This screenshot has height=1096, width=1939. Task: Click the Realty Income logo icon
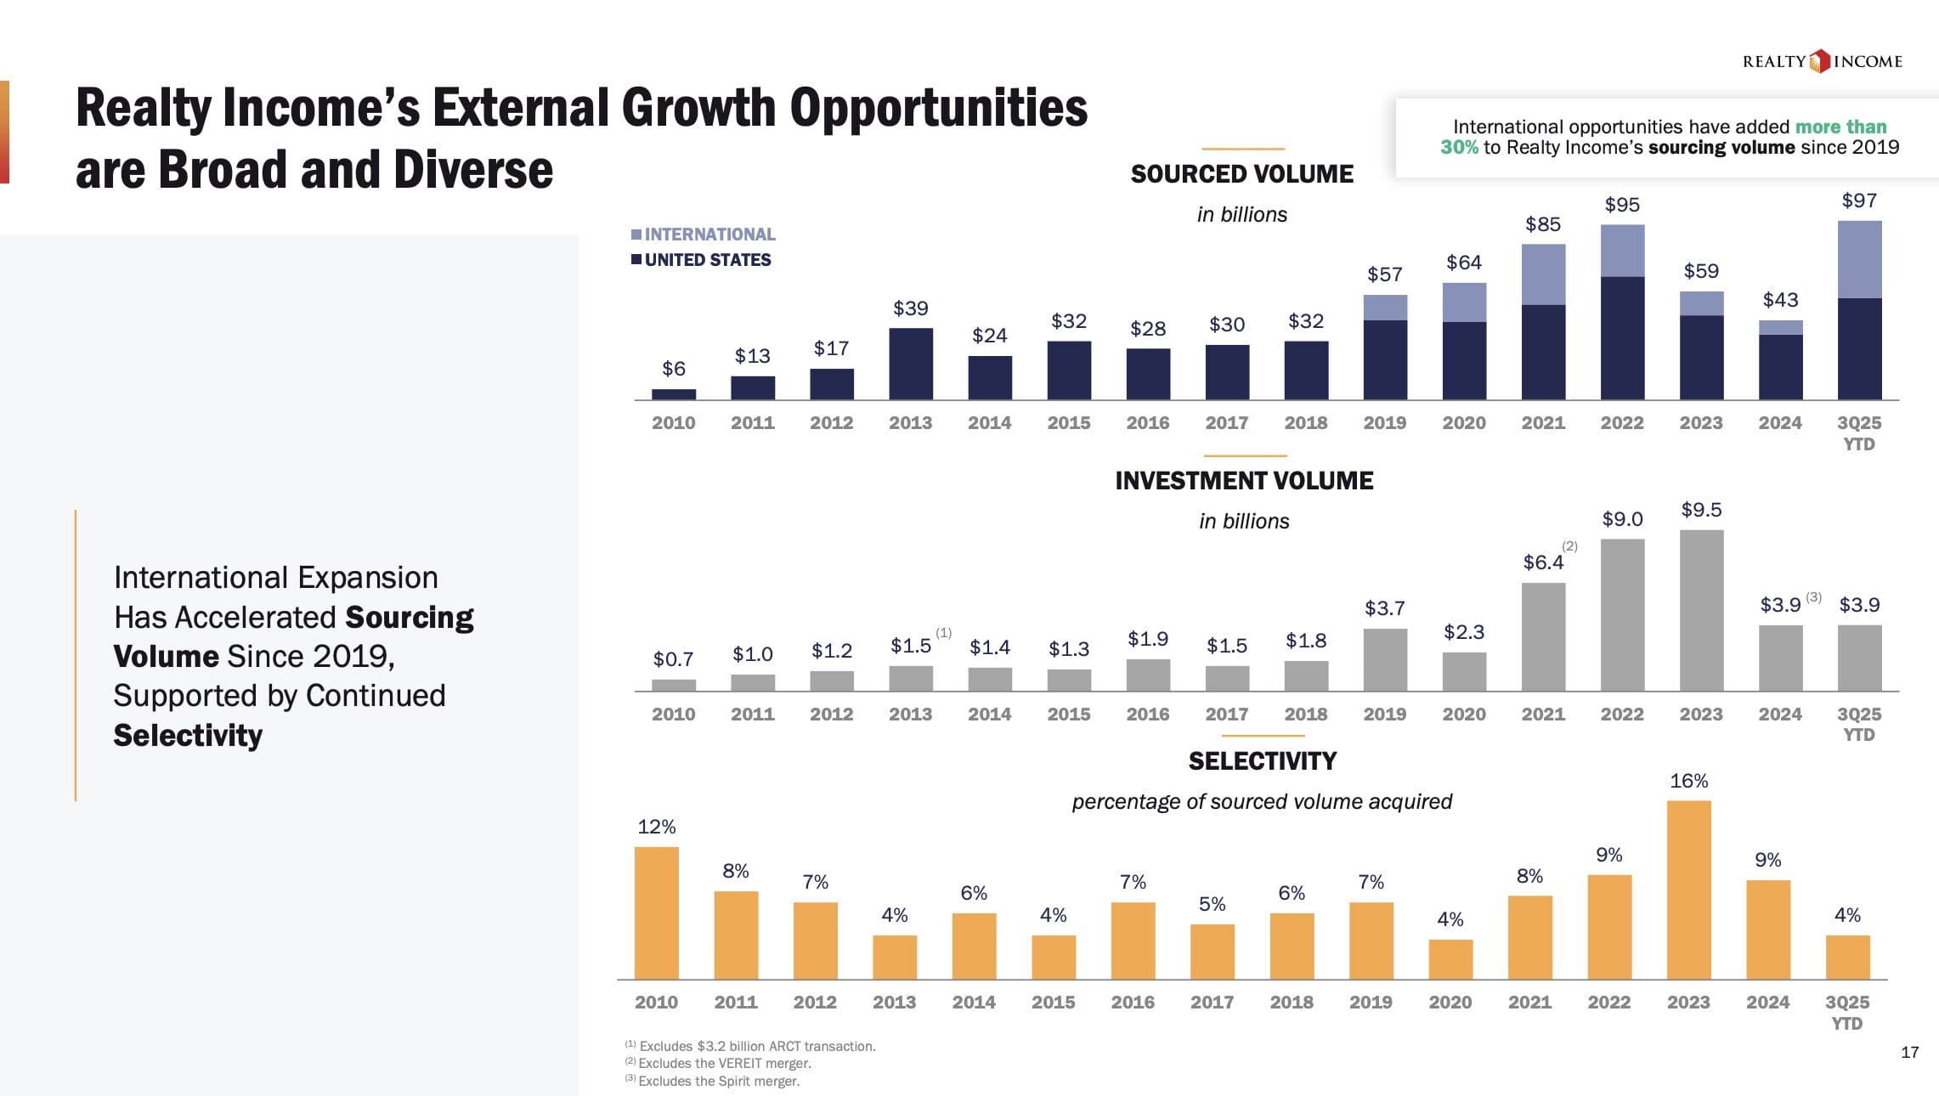coord(1819,61)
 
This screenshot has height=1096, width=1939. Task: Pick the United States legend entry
coord(701,260)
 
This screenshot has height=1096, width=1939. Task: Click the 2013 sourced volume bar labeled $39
coord(910,364)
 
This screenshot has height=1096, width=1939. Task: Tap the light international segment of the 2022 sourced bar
coord(1622,251)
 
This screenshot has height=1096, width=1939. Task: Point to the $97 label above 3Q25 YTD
coord(1859,201)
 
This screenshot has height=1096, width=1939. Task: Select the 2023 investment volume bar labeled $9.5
coord(1701,610)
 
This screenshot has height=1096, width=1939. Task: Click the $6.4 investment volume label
coord(1542,562)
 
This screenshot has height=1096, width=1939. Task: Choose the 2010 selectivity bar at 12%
coord(657,912)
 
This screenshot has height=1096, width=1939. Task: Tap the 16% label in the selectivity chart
coord(1688,781)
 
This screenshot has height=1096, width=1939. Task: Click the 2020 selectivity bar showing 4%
coord(1450,959)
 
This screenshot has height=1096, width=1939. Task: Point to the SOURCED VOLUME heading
coord(1241,174)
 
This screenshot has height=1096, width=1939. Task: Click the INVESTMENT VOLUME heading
coord(1243,481)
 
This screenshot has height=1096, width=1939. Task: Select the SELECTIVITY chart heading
coord(1262,761)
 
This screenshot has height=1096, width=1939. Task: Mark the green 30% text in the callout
coord(1459,148)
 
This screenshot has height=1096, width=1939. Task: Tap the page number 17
coord(1909,1053)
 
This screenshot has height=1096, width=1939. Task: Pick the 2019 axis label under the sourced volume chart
coord(1384,423)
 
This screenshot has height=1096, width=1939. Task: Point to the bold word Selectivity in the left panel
coord(188,736)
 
